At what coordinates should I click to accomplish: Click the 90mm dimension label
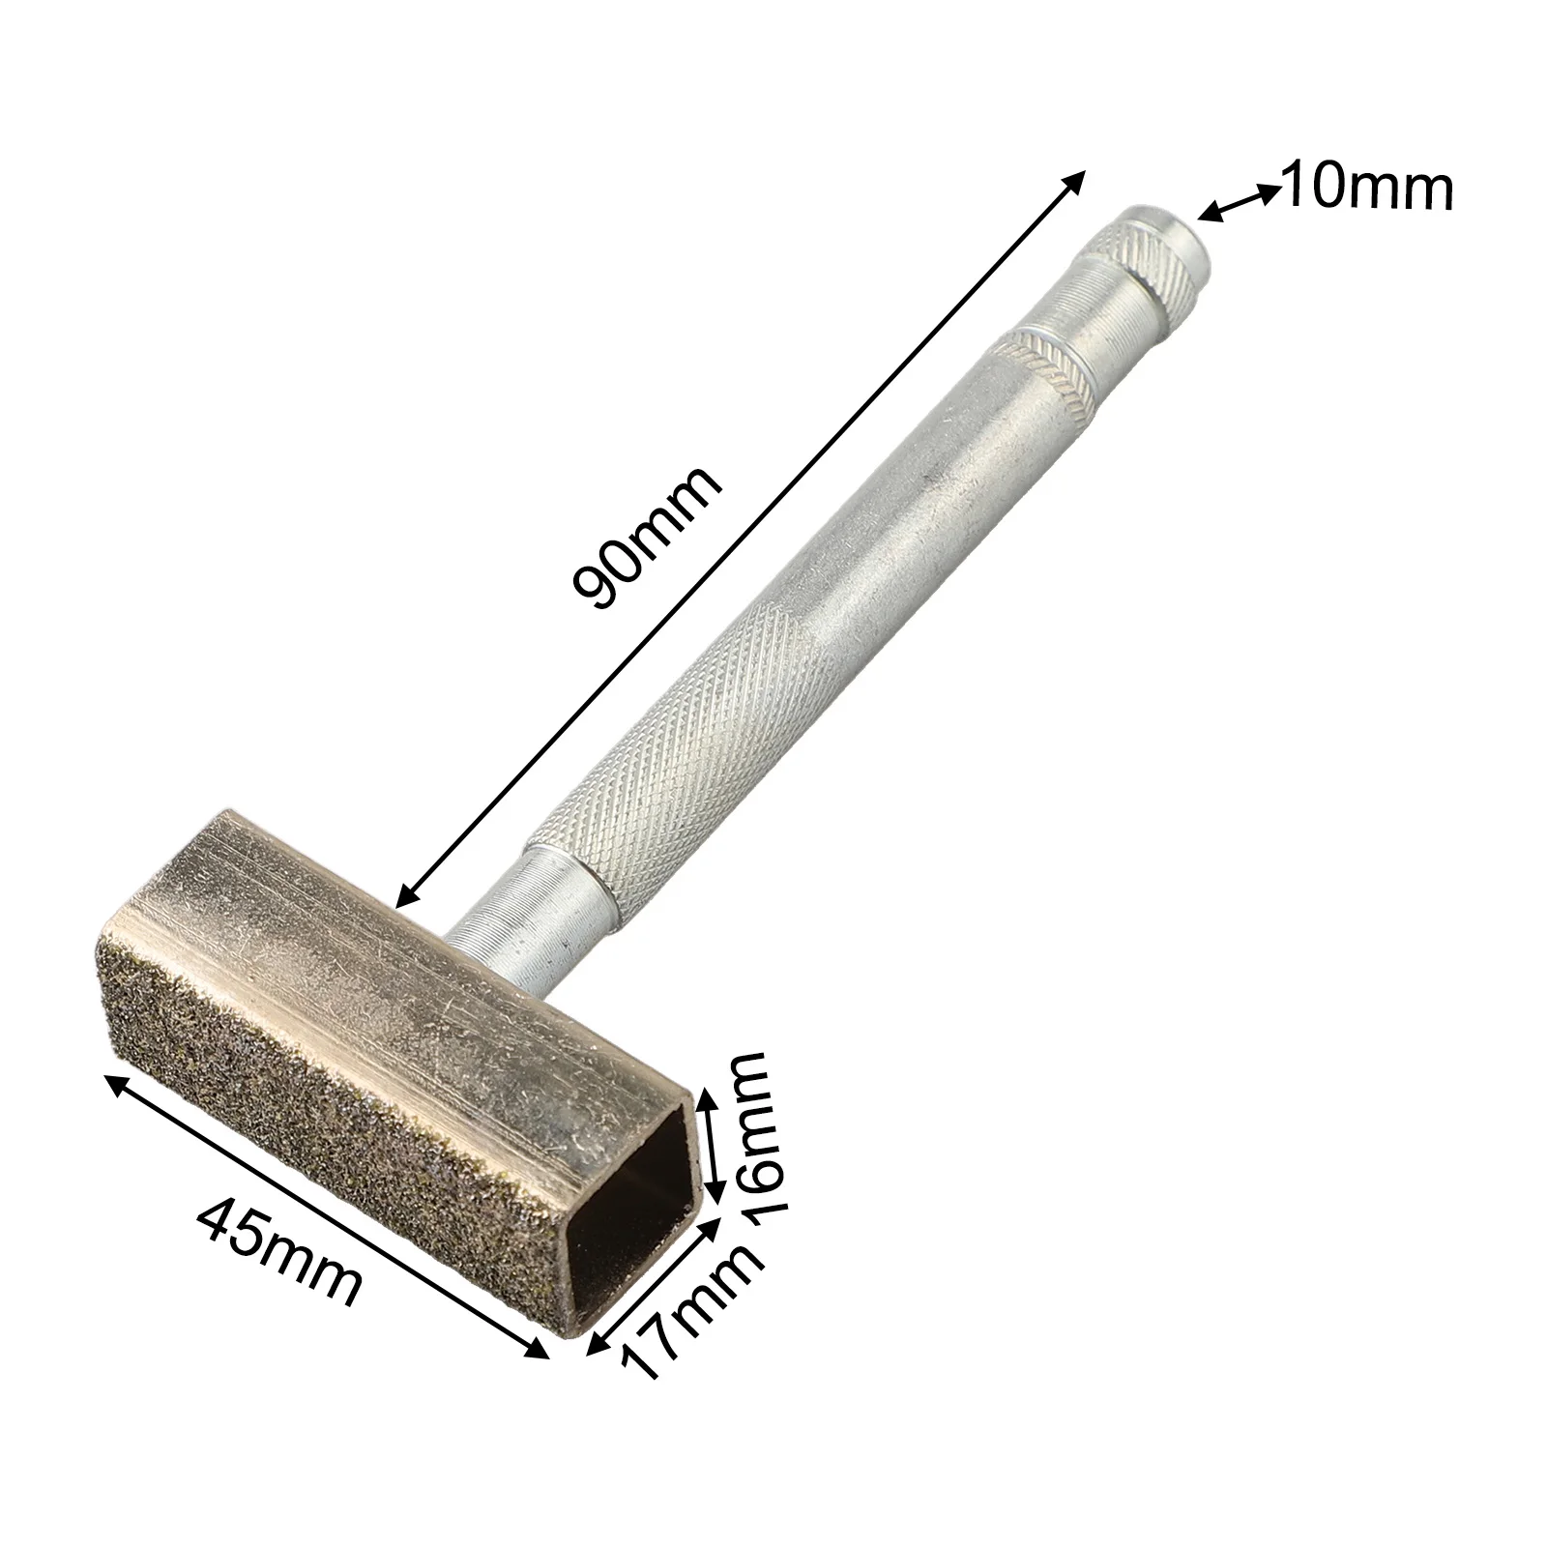[646, 538]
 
